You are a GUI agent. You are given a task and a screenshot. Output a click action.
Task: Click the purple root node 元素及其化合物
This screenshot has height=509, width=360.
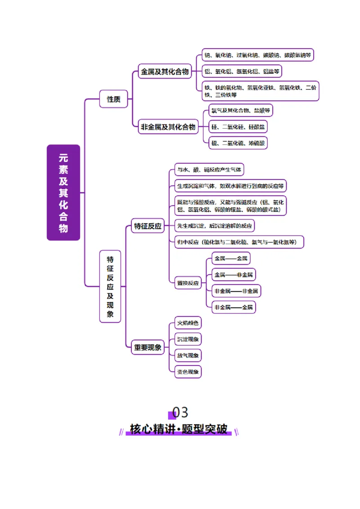(63, 192)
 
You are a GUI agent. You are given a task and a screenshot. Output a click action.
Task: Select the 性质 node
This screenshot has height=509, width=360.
(113, 99)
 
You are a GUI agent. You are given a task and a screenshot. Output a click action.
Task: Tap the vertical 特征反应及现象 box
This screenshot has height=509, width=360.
(110, 286)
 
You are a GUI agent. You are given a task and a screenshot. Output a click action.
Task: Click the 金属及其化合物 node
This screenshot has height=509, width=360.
(165, 71)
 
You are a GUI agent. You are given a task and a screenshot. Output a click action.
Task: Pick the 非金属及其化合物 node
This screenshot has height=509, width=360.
(168, 127)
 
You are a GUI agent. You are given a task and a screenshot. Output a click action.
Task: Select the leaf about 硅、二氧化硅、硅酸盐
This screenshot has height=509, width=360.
(238, 127)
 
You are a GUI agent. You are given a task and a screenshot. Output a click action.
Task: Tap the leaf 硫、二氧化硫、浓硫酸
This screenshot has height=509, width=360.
(238, 143)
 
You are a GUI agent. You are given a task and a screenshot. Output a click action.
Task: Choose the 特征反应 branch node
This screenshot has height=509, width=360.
(148, 226)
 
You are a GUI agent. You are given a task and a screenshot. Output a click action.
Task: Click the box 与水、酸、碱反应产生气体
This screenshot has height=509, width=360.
(209, 170)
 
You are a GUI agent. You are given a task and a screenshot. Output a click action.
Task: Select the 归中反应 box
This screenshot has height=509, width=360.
(239, 242)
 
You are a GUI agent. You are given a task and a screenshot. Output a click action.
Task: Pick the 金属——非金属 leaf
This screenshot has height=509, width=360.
(234, 274)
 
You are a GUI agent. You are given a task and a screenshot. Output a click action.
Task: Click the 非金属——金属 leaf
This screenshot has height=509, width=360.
(234, 307)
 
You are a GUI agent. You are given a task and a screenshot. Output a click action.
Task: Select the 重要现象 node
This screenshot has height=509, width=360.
(148, 347)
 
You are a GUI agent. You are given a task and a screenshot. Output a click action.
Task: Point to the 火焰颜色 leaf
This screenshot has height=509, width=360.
(188, 323)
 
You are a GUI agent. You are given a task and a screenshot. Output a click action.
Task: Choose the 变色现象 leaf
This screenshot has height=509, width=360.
(188, 371)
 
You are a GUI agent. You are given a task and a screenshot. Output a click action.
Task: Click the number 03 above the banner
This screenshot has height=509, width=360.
(180, 412)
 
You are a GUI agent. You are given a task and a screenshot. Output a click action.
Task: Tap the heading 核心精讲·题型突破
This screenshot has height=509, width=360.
(179, 429)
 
